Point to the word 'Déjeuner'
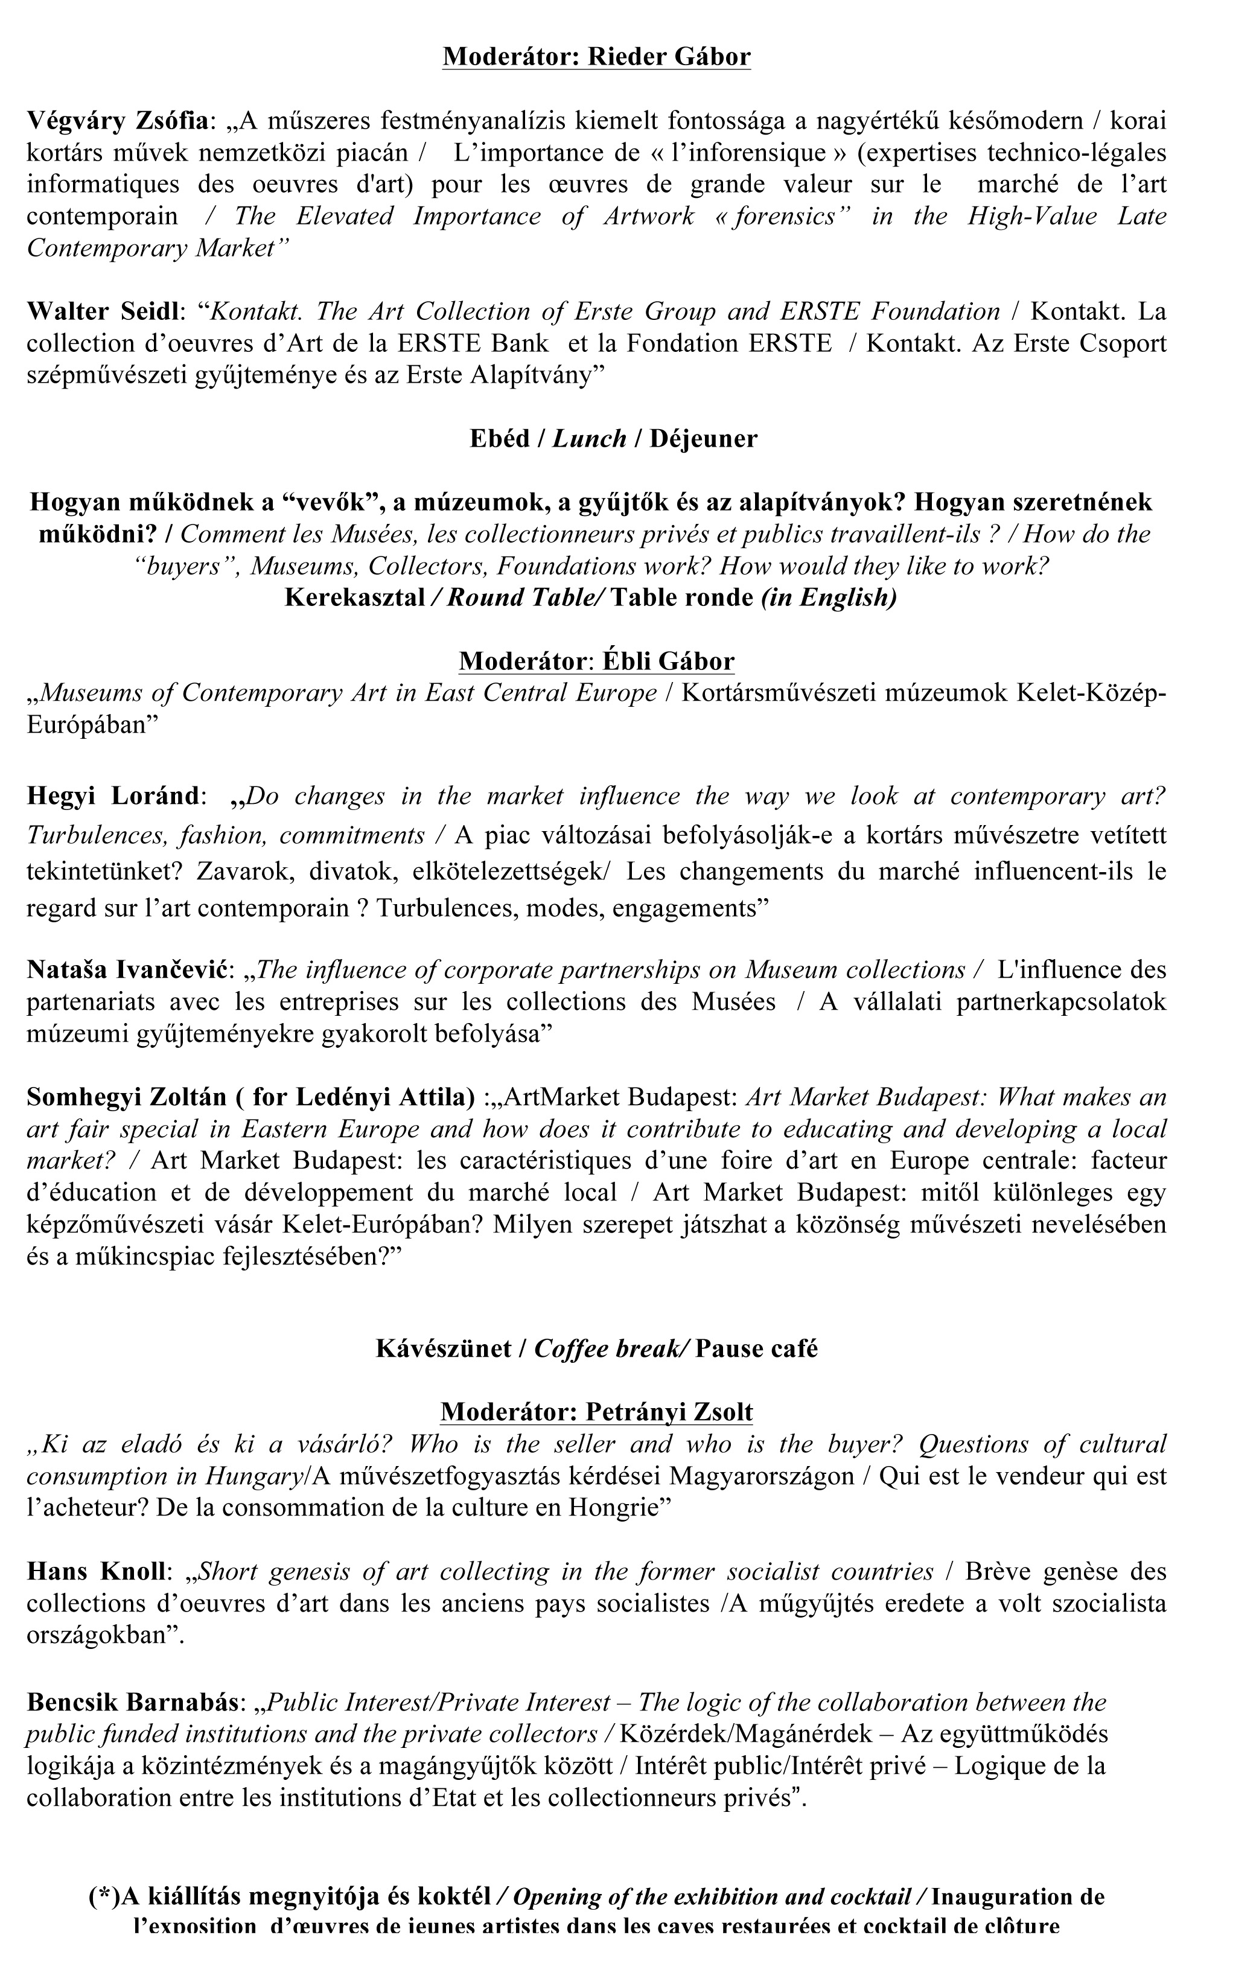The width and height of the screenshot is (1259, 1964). [704, 439]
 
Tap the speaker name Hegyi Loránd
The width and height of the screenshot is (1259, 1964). [112, 795]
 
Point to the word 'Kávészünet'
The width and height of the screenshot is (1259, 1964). [444, 1348]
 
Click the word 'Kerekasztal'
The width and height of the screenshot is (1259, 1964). [355, 598]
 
